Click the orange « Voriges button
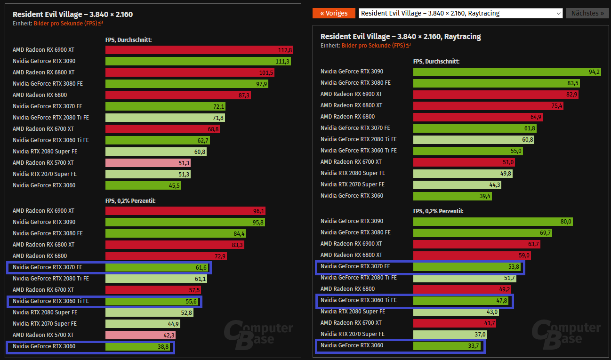pos(334,13)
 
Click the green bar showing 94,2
pos(507,72)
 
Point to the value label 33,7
pos(476,346)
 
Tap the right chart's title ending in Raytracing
pos(401,36)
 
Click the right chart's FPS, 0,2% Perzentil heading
pos(438,211)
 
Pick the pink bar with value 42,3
pos(141,335)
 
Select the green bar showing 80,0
pos(493,221)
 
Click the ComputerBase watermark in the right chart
pos(566,333)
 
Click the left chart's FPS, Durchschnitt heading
pos(129,40)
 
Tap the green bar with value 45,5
pos(143,185)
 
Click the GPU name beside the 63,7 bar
pos(351,244)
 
